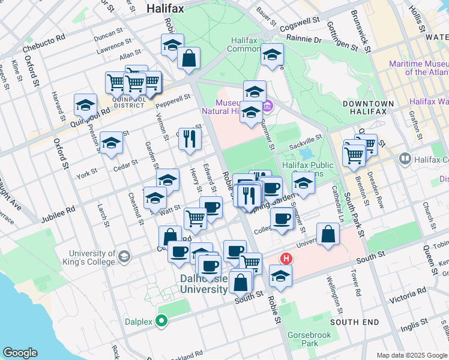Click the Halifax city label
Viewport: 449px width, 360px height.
[x=165, y=9]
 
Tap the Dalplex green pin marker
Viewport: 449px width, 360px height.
[x=161, y=321]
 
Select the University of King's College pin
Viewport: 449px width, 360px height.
[x=124, y=257]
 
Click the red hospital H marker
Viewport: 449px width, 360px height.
[x=287, y=259]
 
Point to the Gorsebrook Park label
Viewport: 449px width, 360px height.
[x=301, y=339]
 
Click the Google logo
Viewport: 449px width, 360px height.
[x=20, y=353]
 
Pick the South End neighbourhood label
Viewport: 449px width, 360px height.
[x=354, y=322]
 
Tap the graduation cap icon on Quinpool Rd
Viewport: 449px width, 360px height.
[x=86, y=105]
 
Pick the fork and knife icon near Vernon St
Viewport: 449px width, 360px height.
[x=190, y=139]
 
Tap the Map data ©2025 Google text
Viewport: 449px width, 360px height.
[x=411, y=355]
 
